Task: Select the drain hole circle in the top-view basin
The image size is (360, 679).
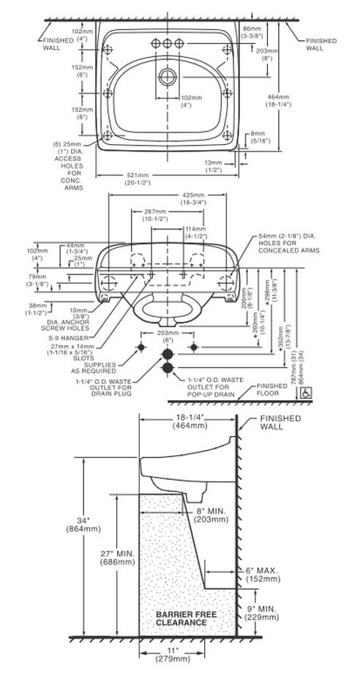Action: [168, 75]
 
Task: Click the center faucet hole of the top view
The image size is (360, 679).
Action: [168, 44]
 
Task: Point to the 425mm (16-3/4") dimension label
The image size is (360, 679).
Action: [193, 200]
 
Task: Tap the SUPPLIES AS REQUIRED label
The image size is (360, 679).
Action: [100, 367]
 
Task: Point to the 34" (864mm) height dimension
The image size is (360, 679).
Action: [77, 524]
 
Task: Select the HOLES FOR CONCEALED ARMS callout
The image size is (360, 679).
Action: [287, 244]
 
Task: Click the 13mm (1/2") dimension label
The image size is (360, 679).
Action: [214, 165]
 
